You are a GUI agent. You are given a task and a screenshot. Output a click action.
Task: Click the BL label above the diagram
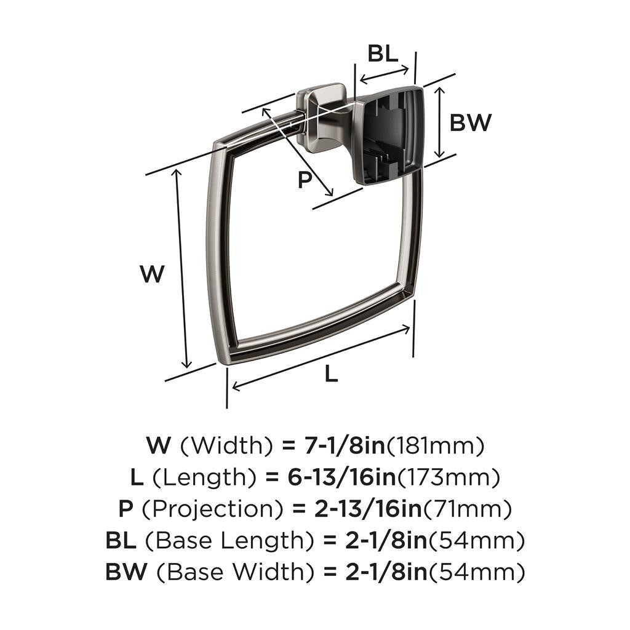[383, 54]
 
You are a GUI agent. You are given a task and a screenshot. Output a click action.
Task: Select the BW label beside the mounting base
[471, 123]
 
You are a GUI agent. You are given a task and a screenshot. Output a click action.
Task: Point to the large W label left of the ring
[152, 274]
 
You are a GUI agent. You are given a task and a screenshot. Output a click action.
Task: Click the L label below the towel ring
[331, 373]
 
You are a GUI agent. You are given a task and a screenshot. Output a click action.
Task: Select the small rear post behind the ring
[320, 117]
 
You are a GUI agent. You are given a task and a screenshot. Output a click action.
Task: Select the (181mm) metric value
[436, 445]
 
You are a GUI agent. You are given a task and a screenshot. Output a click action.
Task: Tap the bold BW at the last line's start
[126, 573]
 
